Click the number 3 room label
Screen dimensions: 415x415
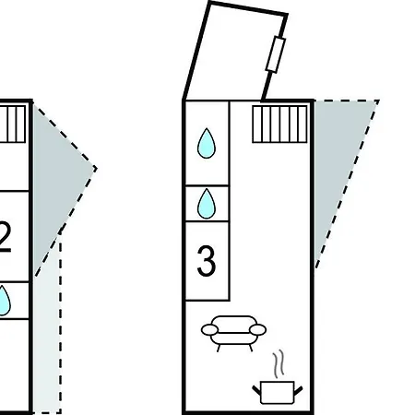tap(207, 261)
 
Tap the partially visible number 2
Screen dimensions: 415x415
tap(6, 238)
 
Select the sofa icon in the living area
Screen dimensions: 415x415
tap(233, 333)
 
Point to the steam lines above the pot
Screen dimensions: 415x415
tap(279, 363)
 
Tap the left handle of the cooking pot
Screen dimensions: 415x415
tap(256, 390)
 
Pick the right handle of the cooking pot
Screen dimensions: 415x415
tap(298, 390)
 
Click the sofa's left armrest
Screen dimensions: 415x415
tap(209, 330)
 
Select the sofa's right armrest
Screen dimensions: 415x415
tap(257, 330)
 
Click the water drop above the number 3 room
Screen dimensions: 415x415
tap(207, 204)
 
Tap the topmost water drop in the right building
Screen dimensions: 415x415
tap(207, 143)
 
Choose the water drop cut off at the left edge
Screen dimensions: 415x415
tap(5, 301)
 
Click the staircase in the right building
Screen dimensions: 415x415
tap(279, 125)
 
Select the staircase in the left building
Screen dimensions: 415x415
tap(13, 125)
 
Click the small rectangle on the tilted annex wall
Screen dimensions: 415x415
tap(276, 54)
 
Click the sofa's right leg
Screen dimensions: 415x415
tap(251, 348)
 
